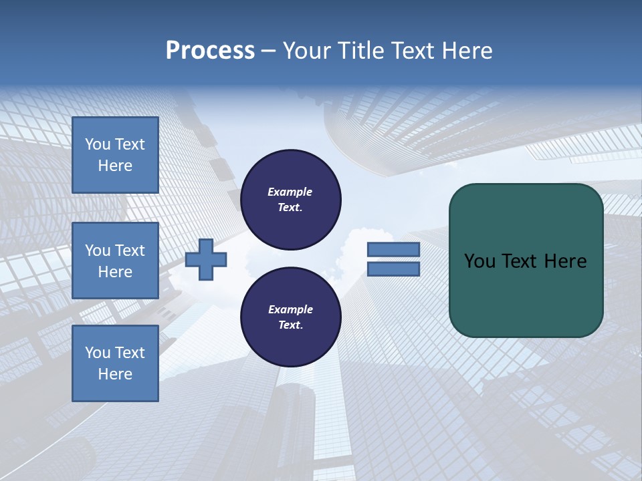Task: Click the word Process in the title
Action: point(210,51)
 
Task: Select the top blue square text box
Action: point(115,155)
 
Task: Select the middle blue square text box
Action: point(115,261)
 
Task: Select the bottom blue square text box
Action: point(115,363)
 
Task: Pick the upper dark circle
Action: point(291,199)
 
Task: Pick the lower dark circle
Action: point(291,317)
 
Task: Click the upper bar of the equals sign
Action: point(394,250)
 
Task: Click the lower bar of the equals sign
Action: point(394,269)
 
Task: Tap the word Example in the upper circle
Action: point(290,192)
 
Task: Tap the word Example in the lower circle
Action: point(290,310)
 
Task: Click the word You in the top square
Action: point(98,144)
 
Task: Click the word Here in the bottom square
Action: point(115,374)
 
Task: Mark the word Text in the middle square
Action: point(130,251)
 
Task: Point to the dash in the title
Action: point(268,51)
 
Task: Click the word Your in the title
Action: point(307,51)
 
